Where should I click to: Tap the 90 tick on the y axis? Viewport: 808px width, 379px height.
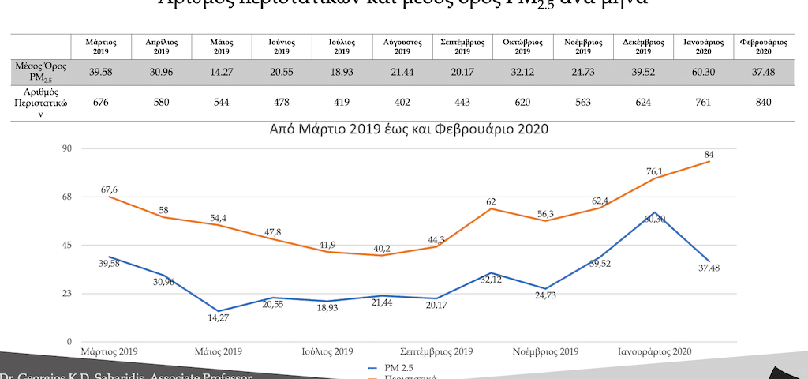pos(65,148)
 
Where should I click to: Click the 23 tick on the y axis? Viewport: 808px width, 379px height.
pos(65,294)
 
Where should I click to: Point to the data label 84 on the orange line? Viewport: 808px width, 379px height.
pos(709,154)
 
